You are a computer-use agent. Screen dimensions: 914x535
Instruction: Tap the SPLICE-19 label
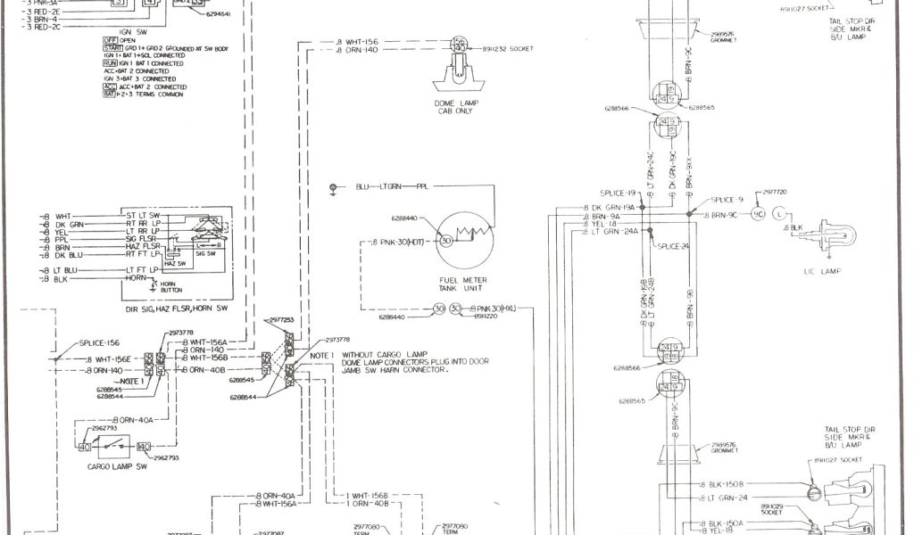coord(619,193)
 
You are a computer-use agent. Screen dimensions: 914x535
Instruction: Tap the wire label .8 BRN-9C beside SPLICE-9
coord(724,215)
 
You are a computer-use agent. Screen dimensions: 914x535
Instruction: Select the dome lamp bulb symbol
coord(458,45)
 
